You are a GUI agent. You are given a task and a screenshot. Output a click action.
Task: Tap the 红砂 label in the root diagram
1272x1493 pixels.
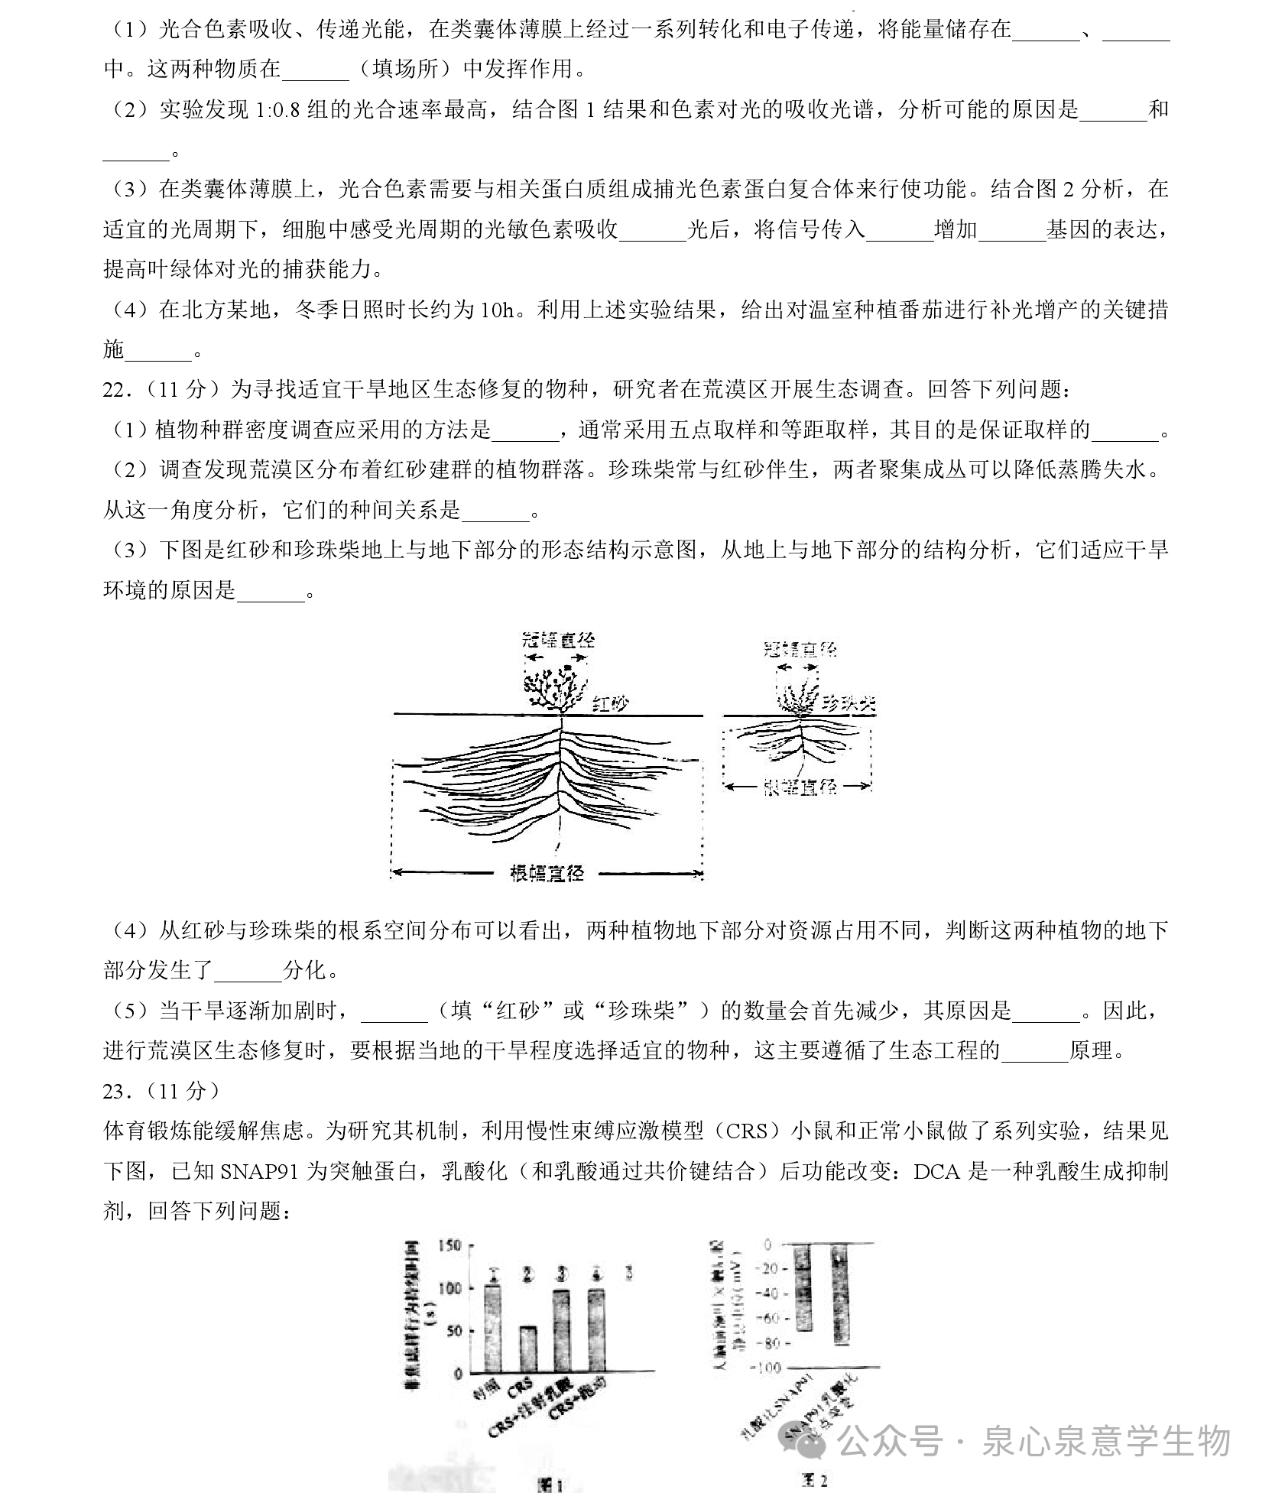(611, 704)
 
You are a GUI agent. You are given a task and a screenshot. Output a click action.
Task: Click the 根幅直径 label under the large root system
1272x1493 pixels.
(547, 872)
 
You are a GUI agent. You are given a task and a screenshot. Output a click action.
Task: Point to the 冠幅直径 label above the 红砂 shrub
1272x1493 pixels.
(557, 640)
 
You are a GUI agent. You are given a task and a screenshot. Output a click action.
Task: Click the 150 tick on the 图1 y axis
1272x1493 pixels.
(450, 1245)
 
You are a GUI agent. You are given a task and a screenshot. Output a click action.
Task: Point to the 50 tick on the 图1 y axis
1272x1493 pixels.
(454, 1331)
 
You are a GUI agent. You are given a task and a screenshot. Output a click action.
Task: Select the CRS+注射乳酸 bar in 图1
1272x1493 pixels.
(562, 1330)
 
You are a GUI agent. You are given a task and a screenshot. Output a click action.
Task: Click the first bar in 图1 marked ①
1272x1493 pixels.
(493, 1329)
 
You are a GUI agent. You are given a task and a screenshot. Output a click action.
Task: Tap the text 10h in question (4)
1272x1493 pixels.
(499, 310)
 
